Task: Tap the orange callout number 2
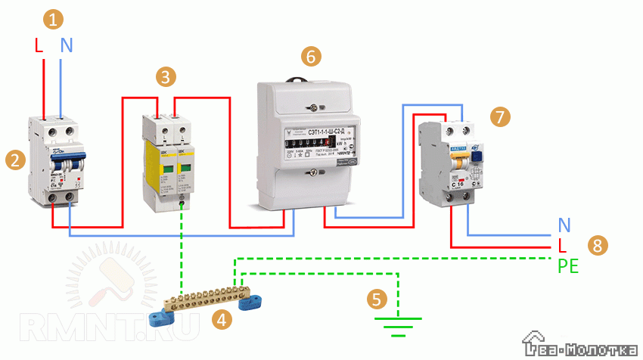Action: coord(13,160)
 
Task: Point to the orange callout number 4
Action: coord(222,320)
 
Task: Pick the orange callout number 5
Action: coord(376,299)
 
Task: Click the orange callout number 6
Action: coord(310,55)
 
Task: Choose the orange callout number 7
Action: coord(499,116)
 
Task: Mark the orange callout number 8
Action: coord(598,245)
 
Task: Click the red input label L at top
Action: coord(39,45)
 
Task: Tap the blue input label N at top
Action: coord(67,45)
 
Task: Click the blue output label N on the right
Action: coord(564,225)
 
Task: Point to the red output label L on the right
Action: coord(562,246)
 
